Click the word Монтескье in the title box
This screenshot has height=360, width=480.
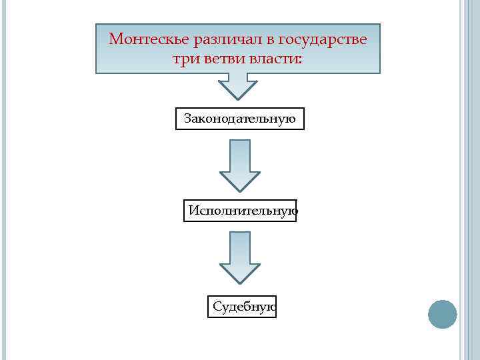click(x=149, y=39)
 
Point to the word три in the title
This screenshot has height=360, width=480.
click(x=185, y=59)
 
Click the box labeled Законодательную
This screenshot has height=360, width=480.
click(x=239, y=119)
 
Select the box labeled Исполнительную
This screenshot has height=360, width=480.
click(x=240, y=211)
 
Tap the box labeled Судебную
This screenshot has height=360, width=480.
click(x=241, y=307)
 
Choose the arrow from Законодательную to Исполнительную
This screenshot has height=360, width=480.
click(x=239, y=163)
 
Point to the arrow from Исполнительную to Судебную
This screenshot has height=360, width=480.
click(x=239, y=256)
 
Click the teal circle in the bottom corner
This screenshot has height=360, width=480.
click(x=442, y=314)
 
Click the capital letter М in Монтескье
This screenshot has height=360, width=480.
click(x=115, y=39)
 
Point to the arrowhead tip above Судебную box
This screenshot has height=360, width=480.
click(x=239, y=282)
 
